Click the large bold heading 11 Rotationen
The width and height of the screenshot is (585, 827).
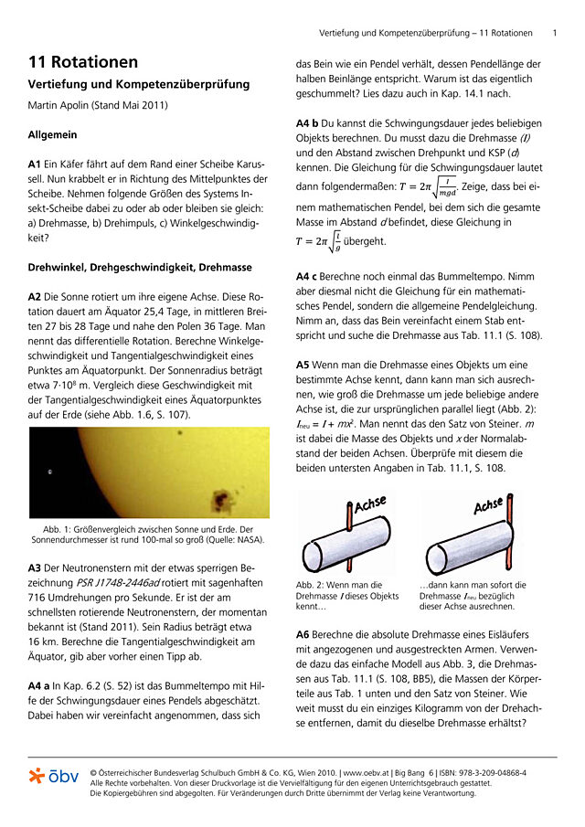[x=83, y=62]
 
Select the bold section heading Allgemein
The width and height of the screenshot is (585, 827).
[x=52, y=134]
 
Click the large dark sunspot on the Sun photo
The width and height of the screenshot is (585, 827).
[x=220, y=498]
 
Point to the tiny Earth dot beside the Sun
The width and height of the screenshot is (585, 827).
[x=48, y=472]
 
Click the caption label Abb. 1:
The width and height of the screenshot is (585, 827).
[x=59, y=529]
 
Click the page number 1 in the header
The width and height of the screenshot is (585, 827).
[x=555, y=33]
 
